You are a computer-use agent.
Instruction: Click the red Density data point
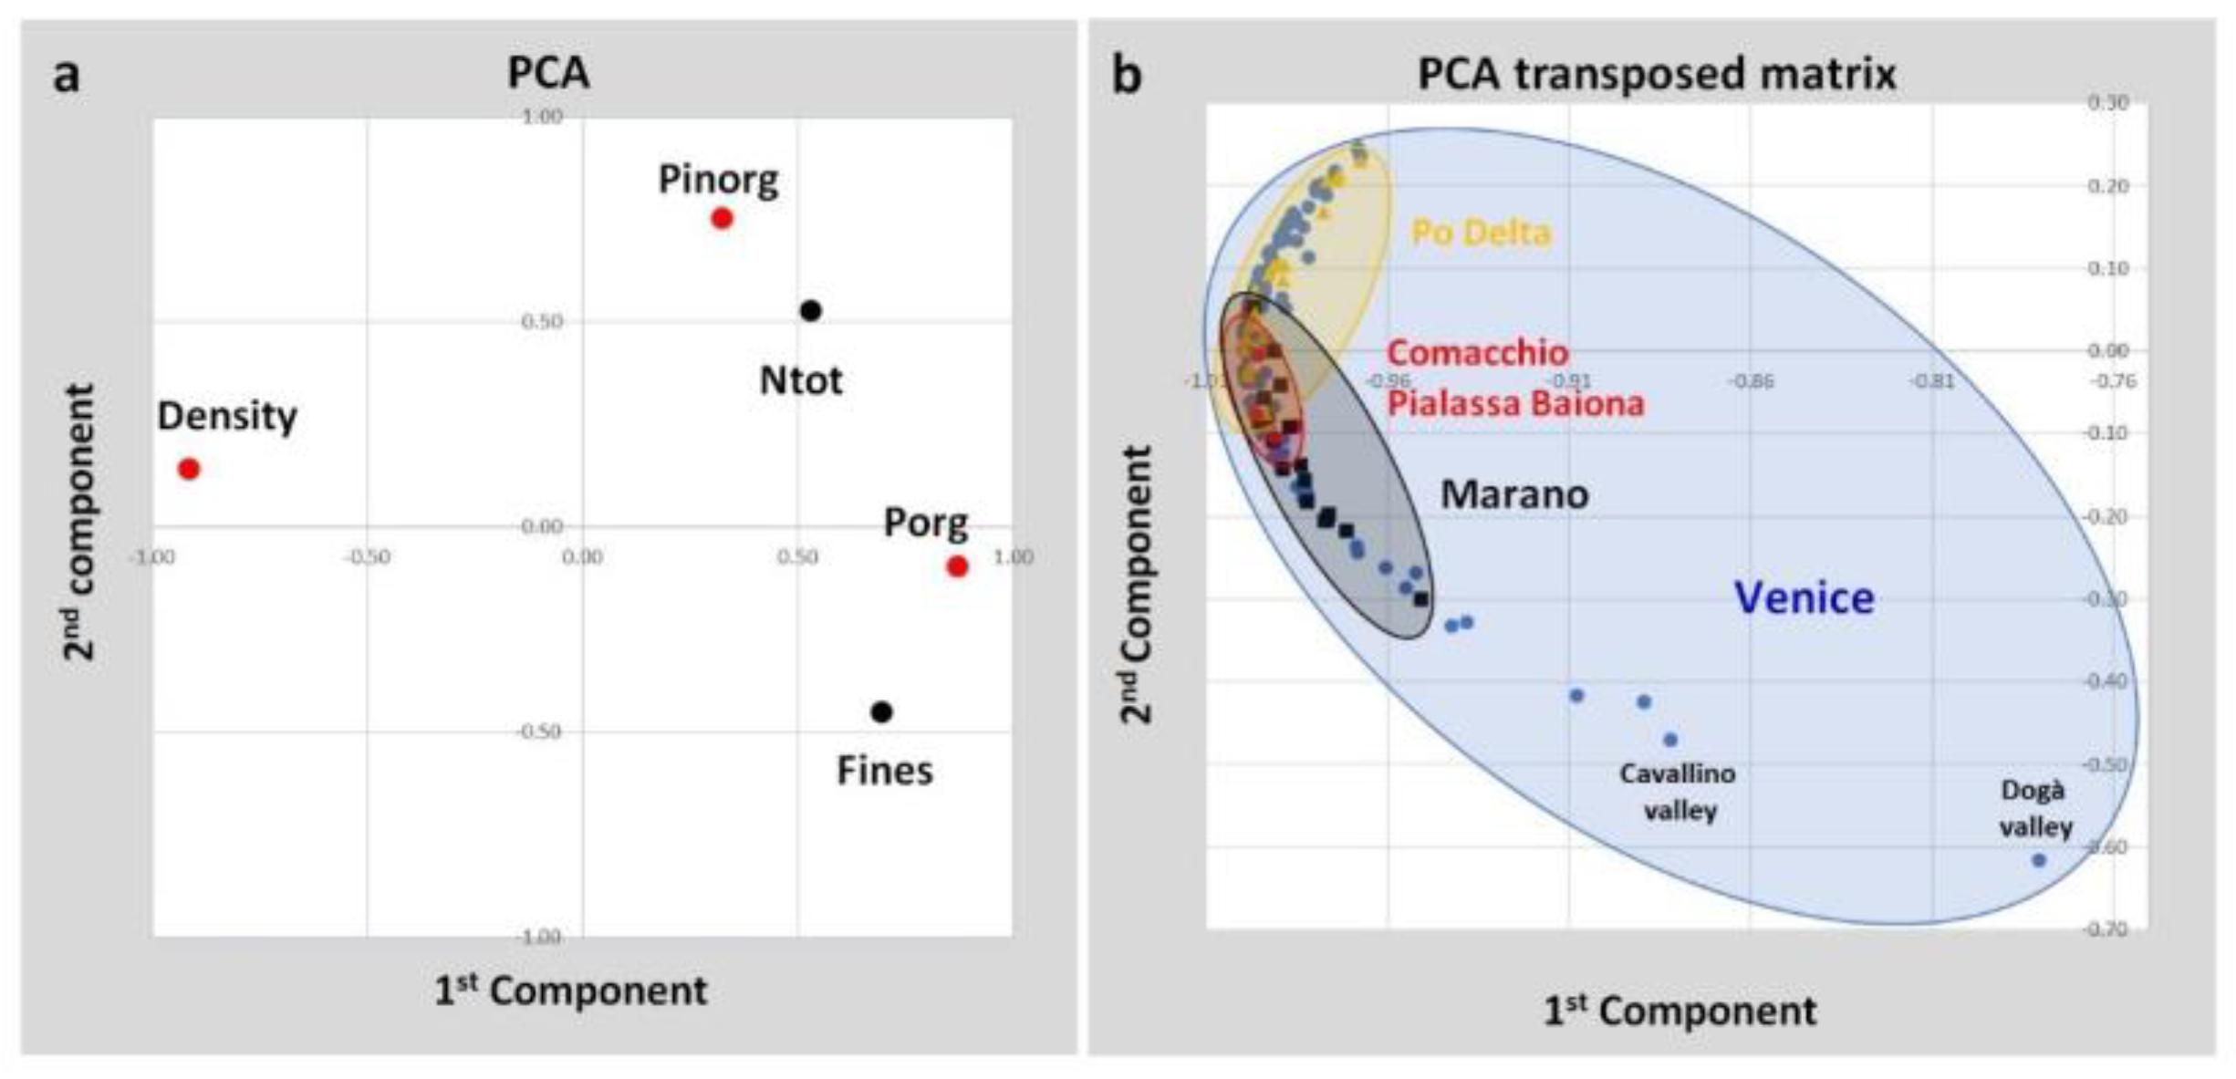click(189, 469)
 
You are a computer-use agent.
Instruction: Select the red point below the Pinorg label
click(722, 218)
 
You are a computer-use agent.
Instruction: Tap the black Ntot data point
click(810, 311)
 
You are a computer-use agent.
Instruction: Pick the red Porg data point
click(957, 566)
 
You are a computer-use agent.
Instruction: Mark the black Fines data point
click(881, 711)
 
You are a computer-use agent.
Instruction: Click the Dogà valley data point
click(2039, 860)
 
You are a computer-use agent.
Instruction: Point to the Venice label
click(1804, 598)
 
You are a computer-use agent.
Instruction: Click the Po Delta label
click(1481, 233)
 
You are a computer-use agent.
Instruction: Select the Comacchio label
click(1477, 352)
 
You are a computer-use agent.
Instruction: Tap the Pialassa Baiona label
click(1515, 403)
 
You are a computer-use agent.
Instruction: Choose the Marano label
click(1514, 494)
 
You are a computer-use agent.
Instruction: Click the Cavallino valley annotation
click(1679, 792)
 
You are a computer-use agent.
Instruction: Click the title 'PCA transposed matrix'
click(1657, 73)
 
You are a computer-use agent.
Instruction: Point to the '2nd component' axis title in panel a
click(79, 522)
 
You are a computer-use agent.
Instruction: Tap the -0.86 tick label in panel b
click(1751, 380)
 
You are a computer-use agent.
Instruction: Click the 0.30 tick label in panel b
click(2107, 103)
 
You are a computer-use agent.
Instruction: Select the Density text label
click(227, 416)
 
